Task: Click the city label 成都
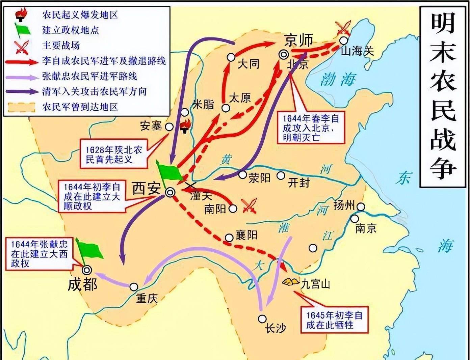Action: [82, 284]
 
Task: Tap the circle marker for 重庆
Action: [134, 287]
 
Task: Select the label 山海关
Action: [358, 52]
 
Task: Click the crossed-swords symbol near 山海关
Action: [342, 27]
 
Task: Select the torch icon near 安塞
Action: [184, 127]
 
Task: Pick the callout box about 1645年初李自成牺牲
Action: [334, 320]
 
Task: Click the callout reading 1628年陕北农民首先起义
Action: [114, 155]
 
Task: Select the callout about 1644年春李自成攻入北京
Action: [311, 128]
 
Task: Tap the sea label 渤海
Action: [338, 80]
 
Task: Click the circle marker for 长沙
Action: [262, 319]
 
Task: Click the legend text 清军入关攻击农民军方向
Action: [94, 91]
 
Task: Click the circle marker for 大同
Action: [231, 57]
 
